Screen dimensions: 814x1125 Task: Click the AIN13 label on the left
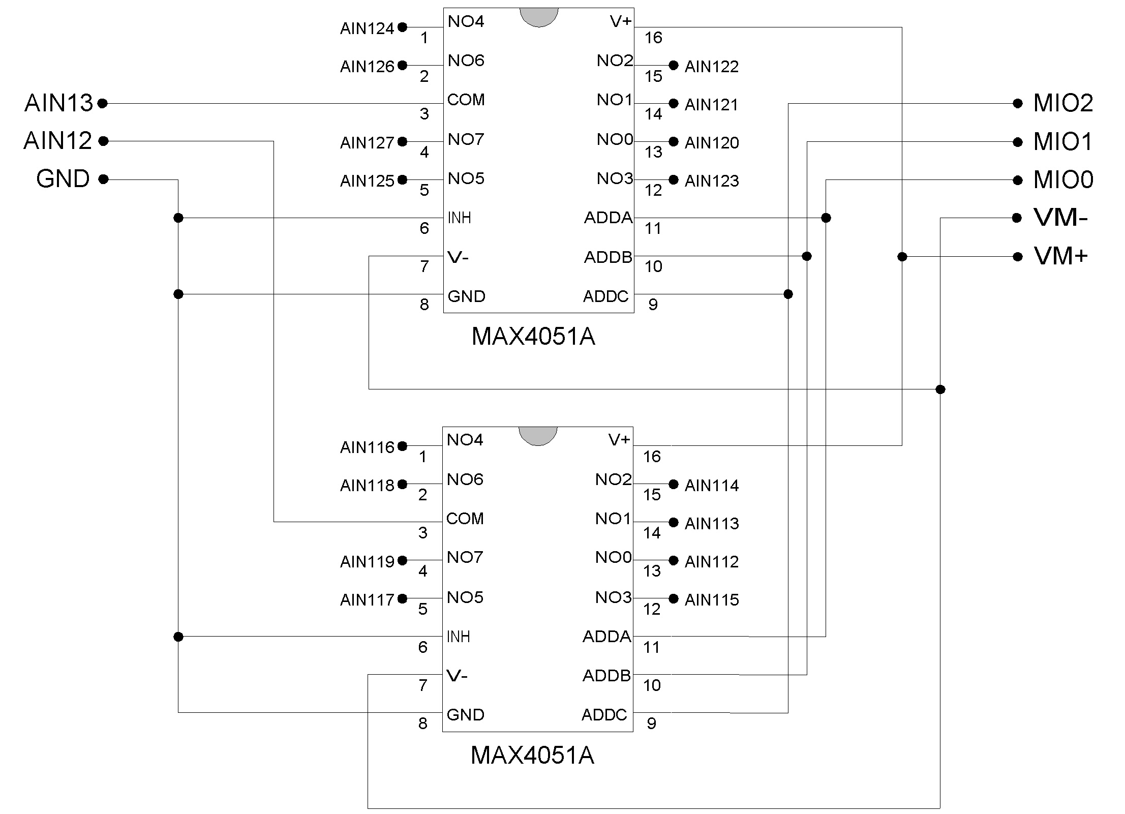[x=59, y=103]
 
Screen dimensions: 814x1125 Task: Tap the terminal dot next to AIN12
[x=103, y=141]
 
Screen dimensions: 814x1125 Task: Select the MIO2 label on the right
[x=1063, y=103]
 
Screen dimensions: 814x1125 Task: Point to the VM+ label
[x=1061, y=256]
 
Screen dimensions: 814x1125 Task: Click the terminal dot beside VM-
[x=1017, y=218]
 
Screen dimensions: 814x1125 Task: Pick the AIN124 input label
[x=367, y=28]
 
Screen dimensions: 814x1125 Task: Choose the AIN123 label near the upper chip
[x=712, y=181]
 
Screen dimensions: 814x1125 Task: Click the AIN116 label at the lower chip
[x=367, y=447]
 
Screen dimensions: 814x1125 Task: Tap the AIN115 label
[x=712, y=600]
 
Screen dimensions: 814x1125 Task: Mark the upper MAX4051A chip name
[x=533, y=337]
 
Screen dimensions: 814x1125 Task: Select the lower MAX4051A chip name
[x=532, y=756]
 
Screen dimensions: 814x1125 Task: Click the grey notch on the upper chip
[x=539, y=17]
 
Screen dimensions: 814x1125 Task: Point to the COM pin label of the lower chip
[x=465, y=519]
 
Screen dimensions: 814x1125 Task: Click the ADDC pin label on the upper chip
[x=606, y=296]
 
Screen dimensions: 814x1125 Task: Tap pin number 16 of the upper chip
[x=653, y=38]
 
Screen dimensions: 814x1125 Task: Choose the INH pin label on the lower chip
[x=458, y=637]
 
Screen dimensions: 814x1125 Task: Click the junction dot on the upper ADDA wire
[x=826, y=218]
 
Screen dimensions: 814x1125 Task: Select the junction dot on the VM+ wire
[x=902, y=257]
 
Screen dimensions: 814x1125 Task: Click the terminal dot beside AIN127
[x=402, y=141]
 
